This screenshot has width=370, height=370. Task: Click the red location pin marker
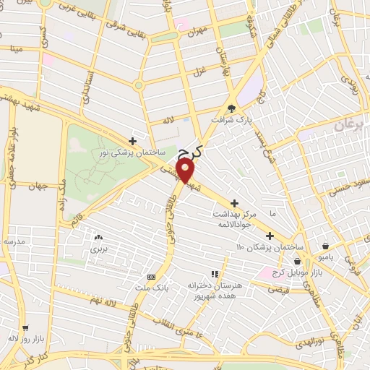pyautogui.click(x=186, y=171)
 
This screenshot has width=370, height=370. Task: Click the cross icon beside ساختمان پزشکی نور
pyautogui.click(x=132, y=141)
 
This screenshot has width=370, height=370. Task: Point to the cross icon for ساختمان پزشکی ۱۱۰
pyautogui.click(x=270, y=236)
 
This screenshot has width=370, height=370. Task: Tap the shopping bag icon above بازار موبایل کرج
pyautogui.click(x=296, y=261)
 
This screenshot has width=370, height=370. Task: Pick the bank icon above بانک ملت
pyautogui.click(x=151, y=277)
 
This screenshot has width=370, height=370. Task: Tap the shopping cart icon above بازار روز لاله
pyautogui.click(x=25, y=327)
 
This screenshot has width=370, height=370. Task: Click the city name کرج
pyautogui.click(x=190, y=150)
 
